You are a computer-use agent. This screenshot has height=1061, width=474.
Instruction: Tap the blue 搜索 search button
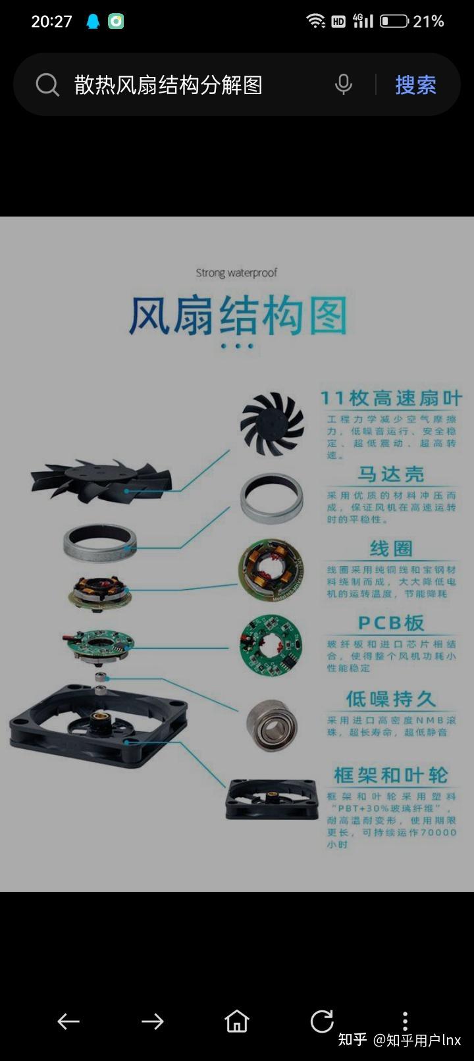(x=415, y=85)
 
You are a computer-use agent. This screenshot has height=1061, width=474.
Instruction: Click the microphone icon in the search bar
(x=343, y=85)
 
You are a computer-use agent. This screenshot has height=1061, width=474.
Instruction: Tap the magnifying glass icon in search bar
(x=47, y=85)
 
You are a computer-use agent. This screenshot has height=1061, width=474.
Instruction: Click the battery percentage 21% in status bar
(x=428, y=22)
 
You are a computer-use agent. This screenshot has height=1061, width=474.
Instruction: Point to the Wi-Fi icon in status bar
(x=316, y=21)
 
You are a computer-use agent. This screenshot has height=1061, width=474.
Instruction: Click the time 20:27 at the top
(x=51, y=22)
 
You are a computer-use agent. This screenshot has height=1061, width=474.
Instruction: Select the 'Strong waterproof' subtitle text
(x=236, y=272)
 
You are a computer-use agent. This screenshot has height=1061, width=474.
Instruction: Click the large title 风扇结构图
(x=237, y=316)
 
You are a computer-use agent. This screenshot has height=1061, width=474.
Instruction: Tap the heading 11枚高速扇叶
(x=391, y=398)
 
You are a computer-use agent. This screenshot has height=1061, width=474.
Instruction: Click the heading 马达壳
(x=391, y=474)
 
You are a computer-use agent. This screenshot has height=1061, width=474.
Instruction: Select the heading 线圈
(x=391, y=548)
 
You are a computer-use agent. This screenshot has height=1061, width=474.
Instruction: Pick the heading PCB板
(x=391, y=623)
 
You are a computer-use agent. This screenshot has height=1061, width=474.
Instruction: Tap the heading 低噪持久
(x=391, y=698)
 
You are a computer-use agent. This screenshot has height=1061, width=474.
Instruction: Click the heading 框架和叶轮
(x=391, y=775)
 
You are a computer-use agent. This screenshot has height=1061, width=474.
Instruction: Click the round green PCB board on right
(x=271, y=646)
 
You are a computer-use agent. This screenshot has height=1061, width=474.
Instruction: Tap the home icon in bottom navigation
(x=237, y=1022)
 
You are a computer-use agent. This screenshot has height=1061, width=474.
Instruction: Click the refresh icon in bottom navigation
(x=322, y=1022)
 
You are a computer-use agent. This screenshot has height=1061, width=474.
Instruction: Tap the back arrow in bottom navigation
(x=68, y=1022)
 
